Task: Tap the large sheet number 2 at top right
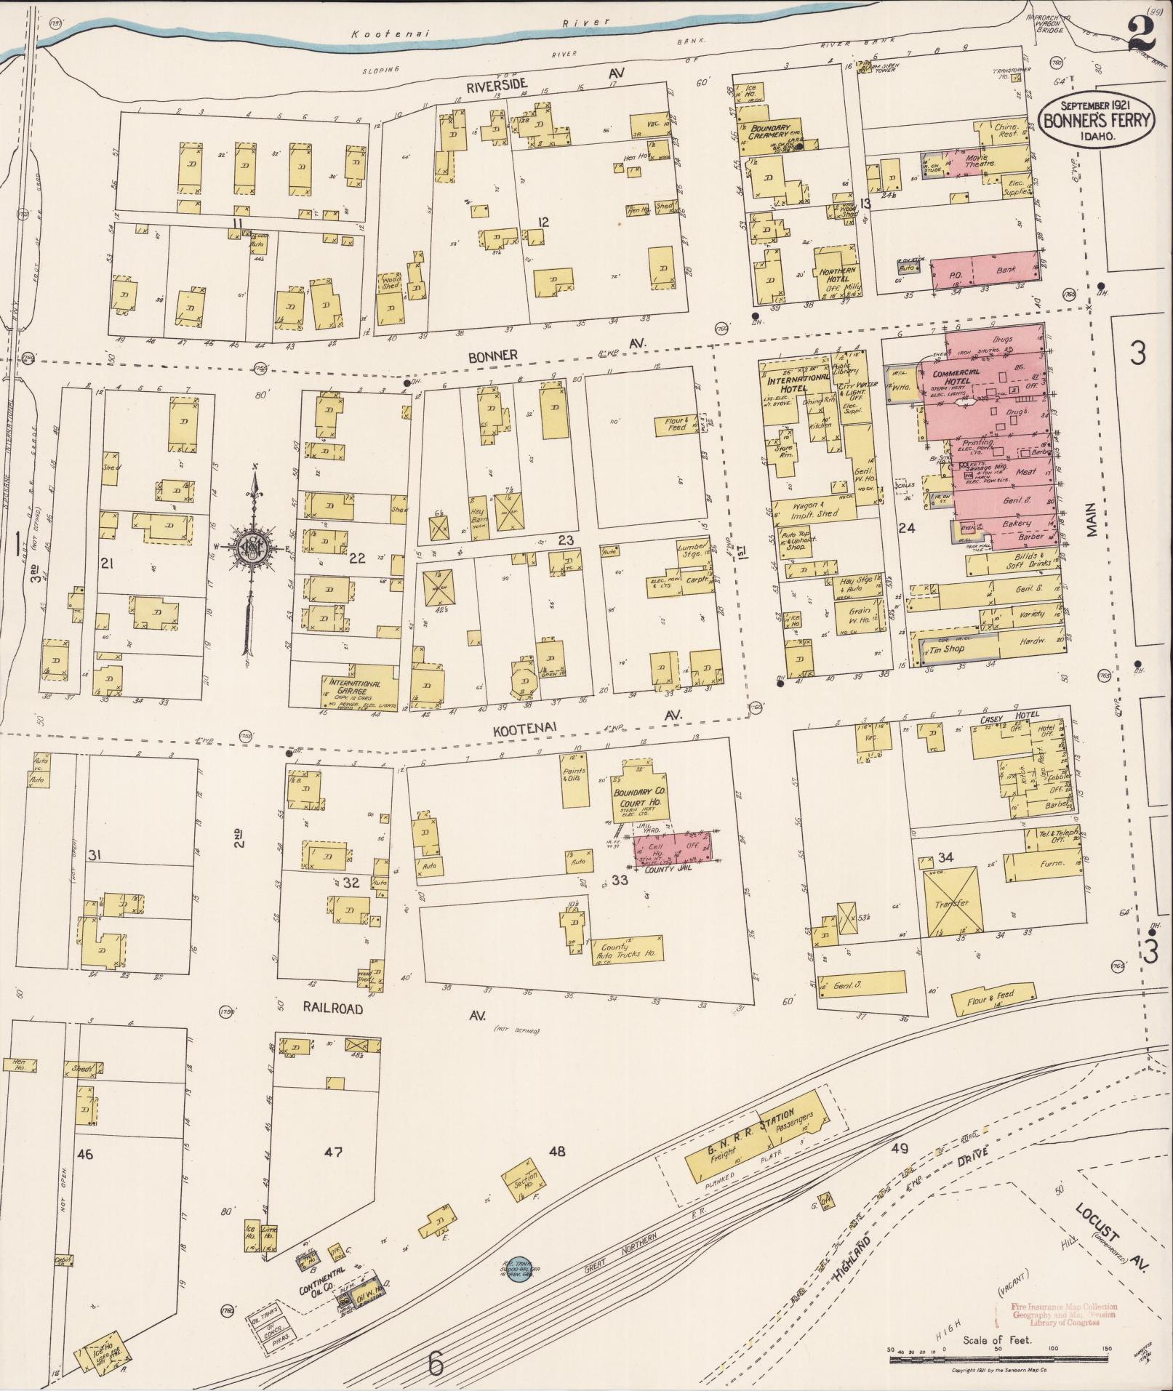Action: pyautogui.click(x=1144, y=35)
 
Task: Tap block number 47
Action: pyautogui.click(x=333, y=1151)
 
